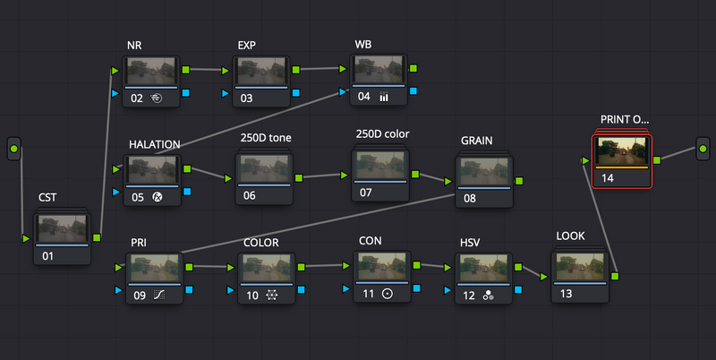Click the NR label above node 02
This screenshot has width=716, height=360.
tap(134, 46)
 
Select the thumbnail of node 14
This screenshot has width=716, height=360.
tap(622, 150)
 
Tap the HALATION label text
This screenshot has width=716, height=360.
tap(154, 144)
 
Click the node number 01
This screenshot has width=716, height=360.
tap(48, 256)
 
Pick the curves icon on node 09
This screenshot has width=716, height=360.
tap(159, 296)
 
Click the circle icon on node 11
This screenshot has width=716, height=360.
tap(388, 294)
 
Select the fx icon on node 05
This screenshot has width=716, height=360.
tap(158, 197)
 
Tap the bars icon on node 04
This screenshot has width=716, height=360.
tap(384, 97)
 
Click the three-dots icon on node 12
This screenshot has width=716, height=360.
tap(488, 296)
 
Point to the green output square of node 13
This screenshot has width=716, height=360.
tap(615, 276)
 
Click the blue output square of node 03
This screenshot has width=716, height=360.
tap(296, 93)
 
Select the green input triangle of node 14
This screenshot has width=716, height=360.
tap(585, 161)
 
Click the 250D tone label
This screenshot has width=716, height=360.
tap(266, 138)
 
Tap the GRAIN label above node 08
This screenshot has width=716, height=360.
tap(477, 141)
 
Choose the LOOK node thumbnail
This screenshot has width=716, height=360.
tap(580, 266)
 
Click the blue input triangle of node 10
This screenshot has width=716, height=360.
tap(231, 289)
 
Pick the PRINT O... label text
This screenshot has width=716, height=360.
tap(624, 120)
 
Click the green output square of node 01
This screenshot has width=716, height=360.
tap(97, 237)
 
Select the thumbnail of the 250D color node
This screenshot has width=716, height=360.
tap(380, 165)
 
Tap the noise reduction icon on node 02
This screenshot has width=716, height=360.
tap(156, 98)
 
